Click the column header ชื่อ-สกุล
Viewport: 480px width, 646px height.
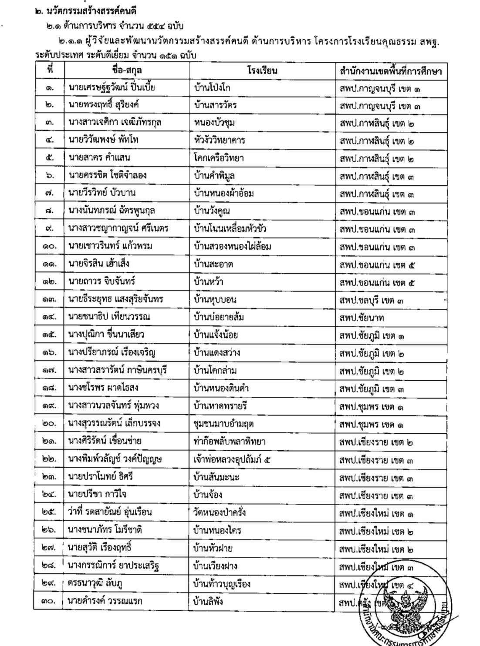[x=127, y=70]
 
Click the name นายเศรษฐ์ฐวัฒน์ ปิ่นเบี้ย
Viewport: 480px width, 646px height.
[x=112, y=88]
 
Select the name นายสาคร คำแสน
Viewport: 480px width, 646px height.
[x=99, y=158]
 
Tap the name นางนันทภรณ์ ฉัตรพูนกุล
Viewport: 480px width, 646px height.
[x=112, y=211]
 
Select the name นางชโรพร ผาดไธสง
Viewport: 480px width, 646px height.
[x=103, y=388]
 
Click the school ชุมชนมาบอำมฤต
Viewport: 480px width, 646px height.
[x=223, y=423]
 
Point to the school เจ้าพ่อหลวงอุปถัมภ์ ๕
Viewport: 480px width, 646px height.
[x=232, y=459]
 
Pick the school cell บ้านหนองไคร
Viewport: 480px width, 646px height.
[x=217, y=530]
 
